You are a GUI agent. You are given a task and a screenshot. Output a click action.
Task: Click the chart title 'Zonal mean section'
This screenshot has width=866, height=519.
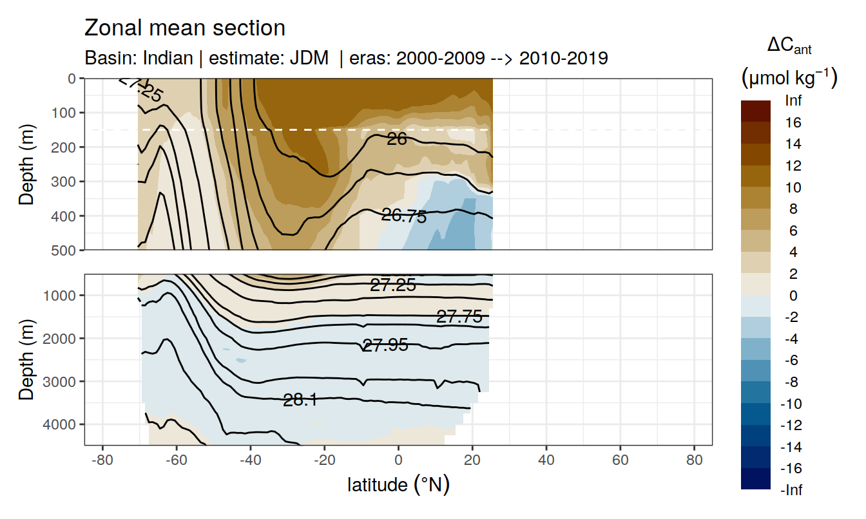point(185,28)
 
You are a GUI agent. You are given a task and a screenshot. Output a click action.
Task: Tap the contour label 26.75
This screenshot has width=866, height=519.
point(404,216)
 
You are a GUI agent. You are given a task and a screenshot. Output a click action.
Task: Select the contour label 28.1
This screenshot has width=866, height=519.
point(300,401)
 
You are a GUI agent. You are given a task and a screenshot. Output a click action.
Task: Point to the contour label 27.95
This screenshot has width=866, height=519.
point(385,346)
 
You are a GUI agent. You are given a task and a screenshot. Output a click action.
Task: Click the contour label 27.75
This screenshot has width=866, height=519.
point(459,316)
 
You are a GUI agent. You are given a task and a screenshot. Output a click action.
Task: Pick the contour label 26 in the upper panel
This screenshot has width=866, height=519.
point(397,138)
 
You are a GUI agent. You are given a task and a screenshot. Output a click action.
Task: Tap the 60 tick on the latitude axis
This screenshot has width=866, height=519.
point(620,463)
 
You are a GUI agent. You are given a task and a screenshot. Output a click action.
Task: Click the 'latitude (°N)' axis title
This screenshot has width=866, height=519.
point(398,485)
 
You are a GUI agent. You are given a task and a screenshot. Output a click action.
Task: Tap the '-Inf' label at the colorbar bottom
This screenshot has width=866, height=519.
point(792,491)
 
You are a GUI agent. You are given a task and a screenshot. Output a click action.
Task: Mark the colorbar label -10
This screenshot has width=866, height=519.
point(792,404)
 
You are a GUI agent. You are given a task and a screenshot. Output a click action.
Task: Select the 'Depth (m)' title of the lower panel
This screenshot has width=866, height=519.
point(26,359)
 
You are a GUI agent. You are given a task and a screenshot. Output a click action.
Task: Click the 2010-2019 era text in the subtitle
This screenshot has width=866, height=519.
point(564,59)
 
